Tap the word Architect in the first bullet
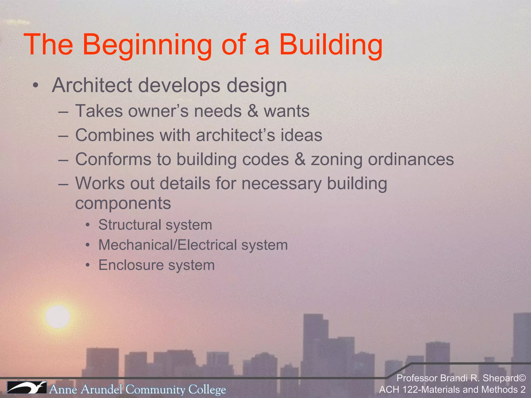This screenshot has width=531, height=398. pyautogui.click(x=92, y=85)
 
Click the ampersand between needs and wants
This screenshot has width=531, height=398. pyautogui.click(x=253, y=111)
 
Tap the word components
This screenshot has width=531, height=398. pyautogui.click(x=123, y=203)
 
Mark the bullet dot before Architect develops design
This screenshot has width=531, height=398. pyautogui.click(x=36, y=85)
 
